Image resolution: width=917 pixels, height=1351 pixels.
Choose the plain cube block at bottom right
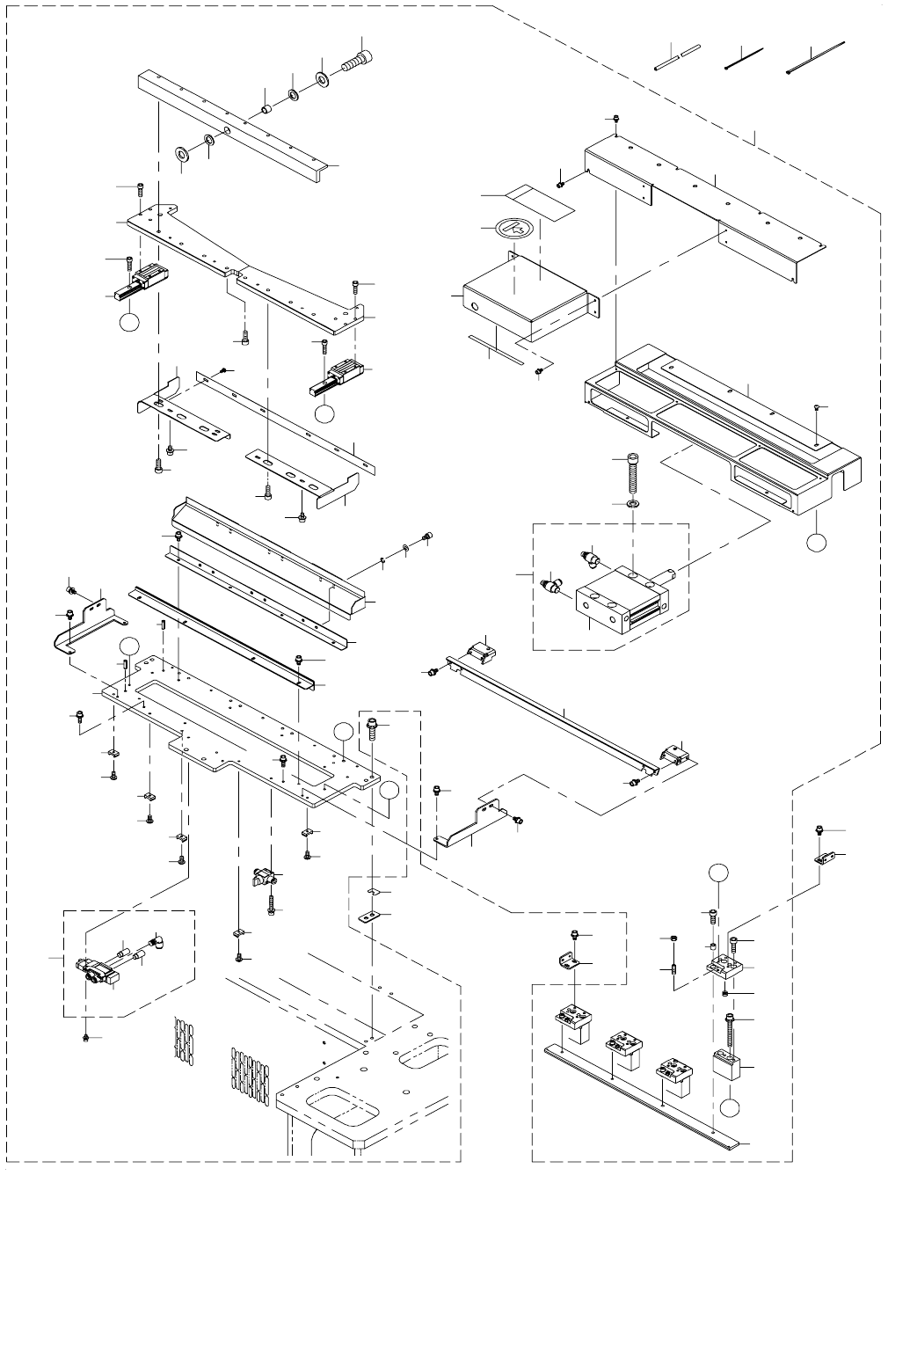pyautogui.click(x=730, y=1068)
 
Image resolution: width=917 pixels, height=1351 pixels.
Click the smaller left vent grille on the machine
pyautogui.click(x=184, y=1041)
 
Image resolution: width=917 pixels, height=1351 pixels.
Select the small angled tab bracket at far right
pyautogui.click(x=824, y=856)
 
